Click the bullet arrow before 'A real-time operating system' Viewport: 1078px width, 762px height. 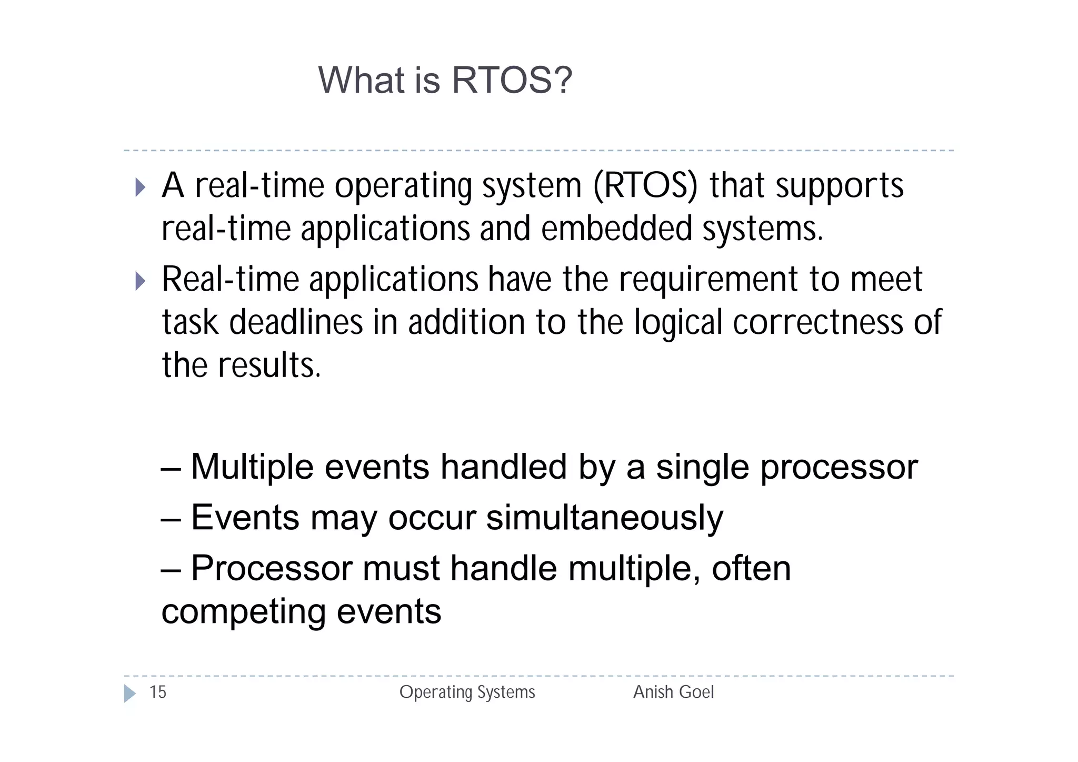coord(140,187)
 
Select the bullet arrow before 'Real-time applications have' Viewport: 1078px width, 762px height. coord(140,281)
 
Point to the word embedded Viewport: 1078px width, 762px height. coord(616,230)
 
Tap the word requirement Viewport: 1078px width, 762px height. coord(708,279)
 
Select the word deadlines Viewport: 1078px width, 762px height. coord(296,322)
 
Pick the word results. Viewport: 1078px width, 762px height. coord(269,365)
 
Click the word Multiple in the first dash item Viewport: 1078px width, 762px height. coord(252,467)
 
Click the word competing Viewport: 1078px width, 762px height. coord(243,612)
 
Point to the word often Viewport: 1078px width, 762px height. coord(751,568)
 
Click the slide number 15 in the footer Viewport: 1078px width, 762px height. coord(158,692)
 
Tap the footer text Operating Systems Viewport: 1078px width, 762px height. coord(467,692)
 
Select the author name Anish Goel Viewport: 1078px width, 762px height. coord(673,692)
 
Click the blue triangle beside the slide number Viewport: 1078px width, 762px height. coord(129,694)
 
